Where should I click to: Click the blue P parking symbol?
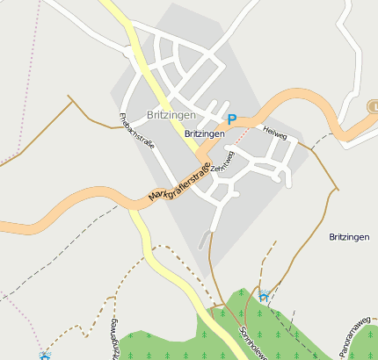click(x=232, y=119)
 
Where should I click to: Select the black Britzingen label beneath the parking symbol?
click(x=205, y=133)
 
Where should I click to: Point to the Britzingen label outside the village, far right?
click(x=350, y=237)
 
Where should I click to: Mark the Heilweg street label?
click(x=274, y=133)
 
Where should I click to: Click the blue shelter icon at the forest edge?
click(x=263, y=296)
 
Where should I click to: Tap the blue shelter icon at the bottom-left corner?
click(x=45, y=356)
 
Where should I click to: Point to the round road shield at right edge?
click(x=373, y=105)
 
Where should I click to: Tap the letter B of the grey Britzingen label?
click(x=151, y=115)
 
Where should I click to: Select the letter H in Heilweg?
click(x=265, y=129)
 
